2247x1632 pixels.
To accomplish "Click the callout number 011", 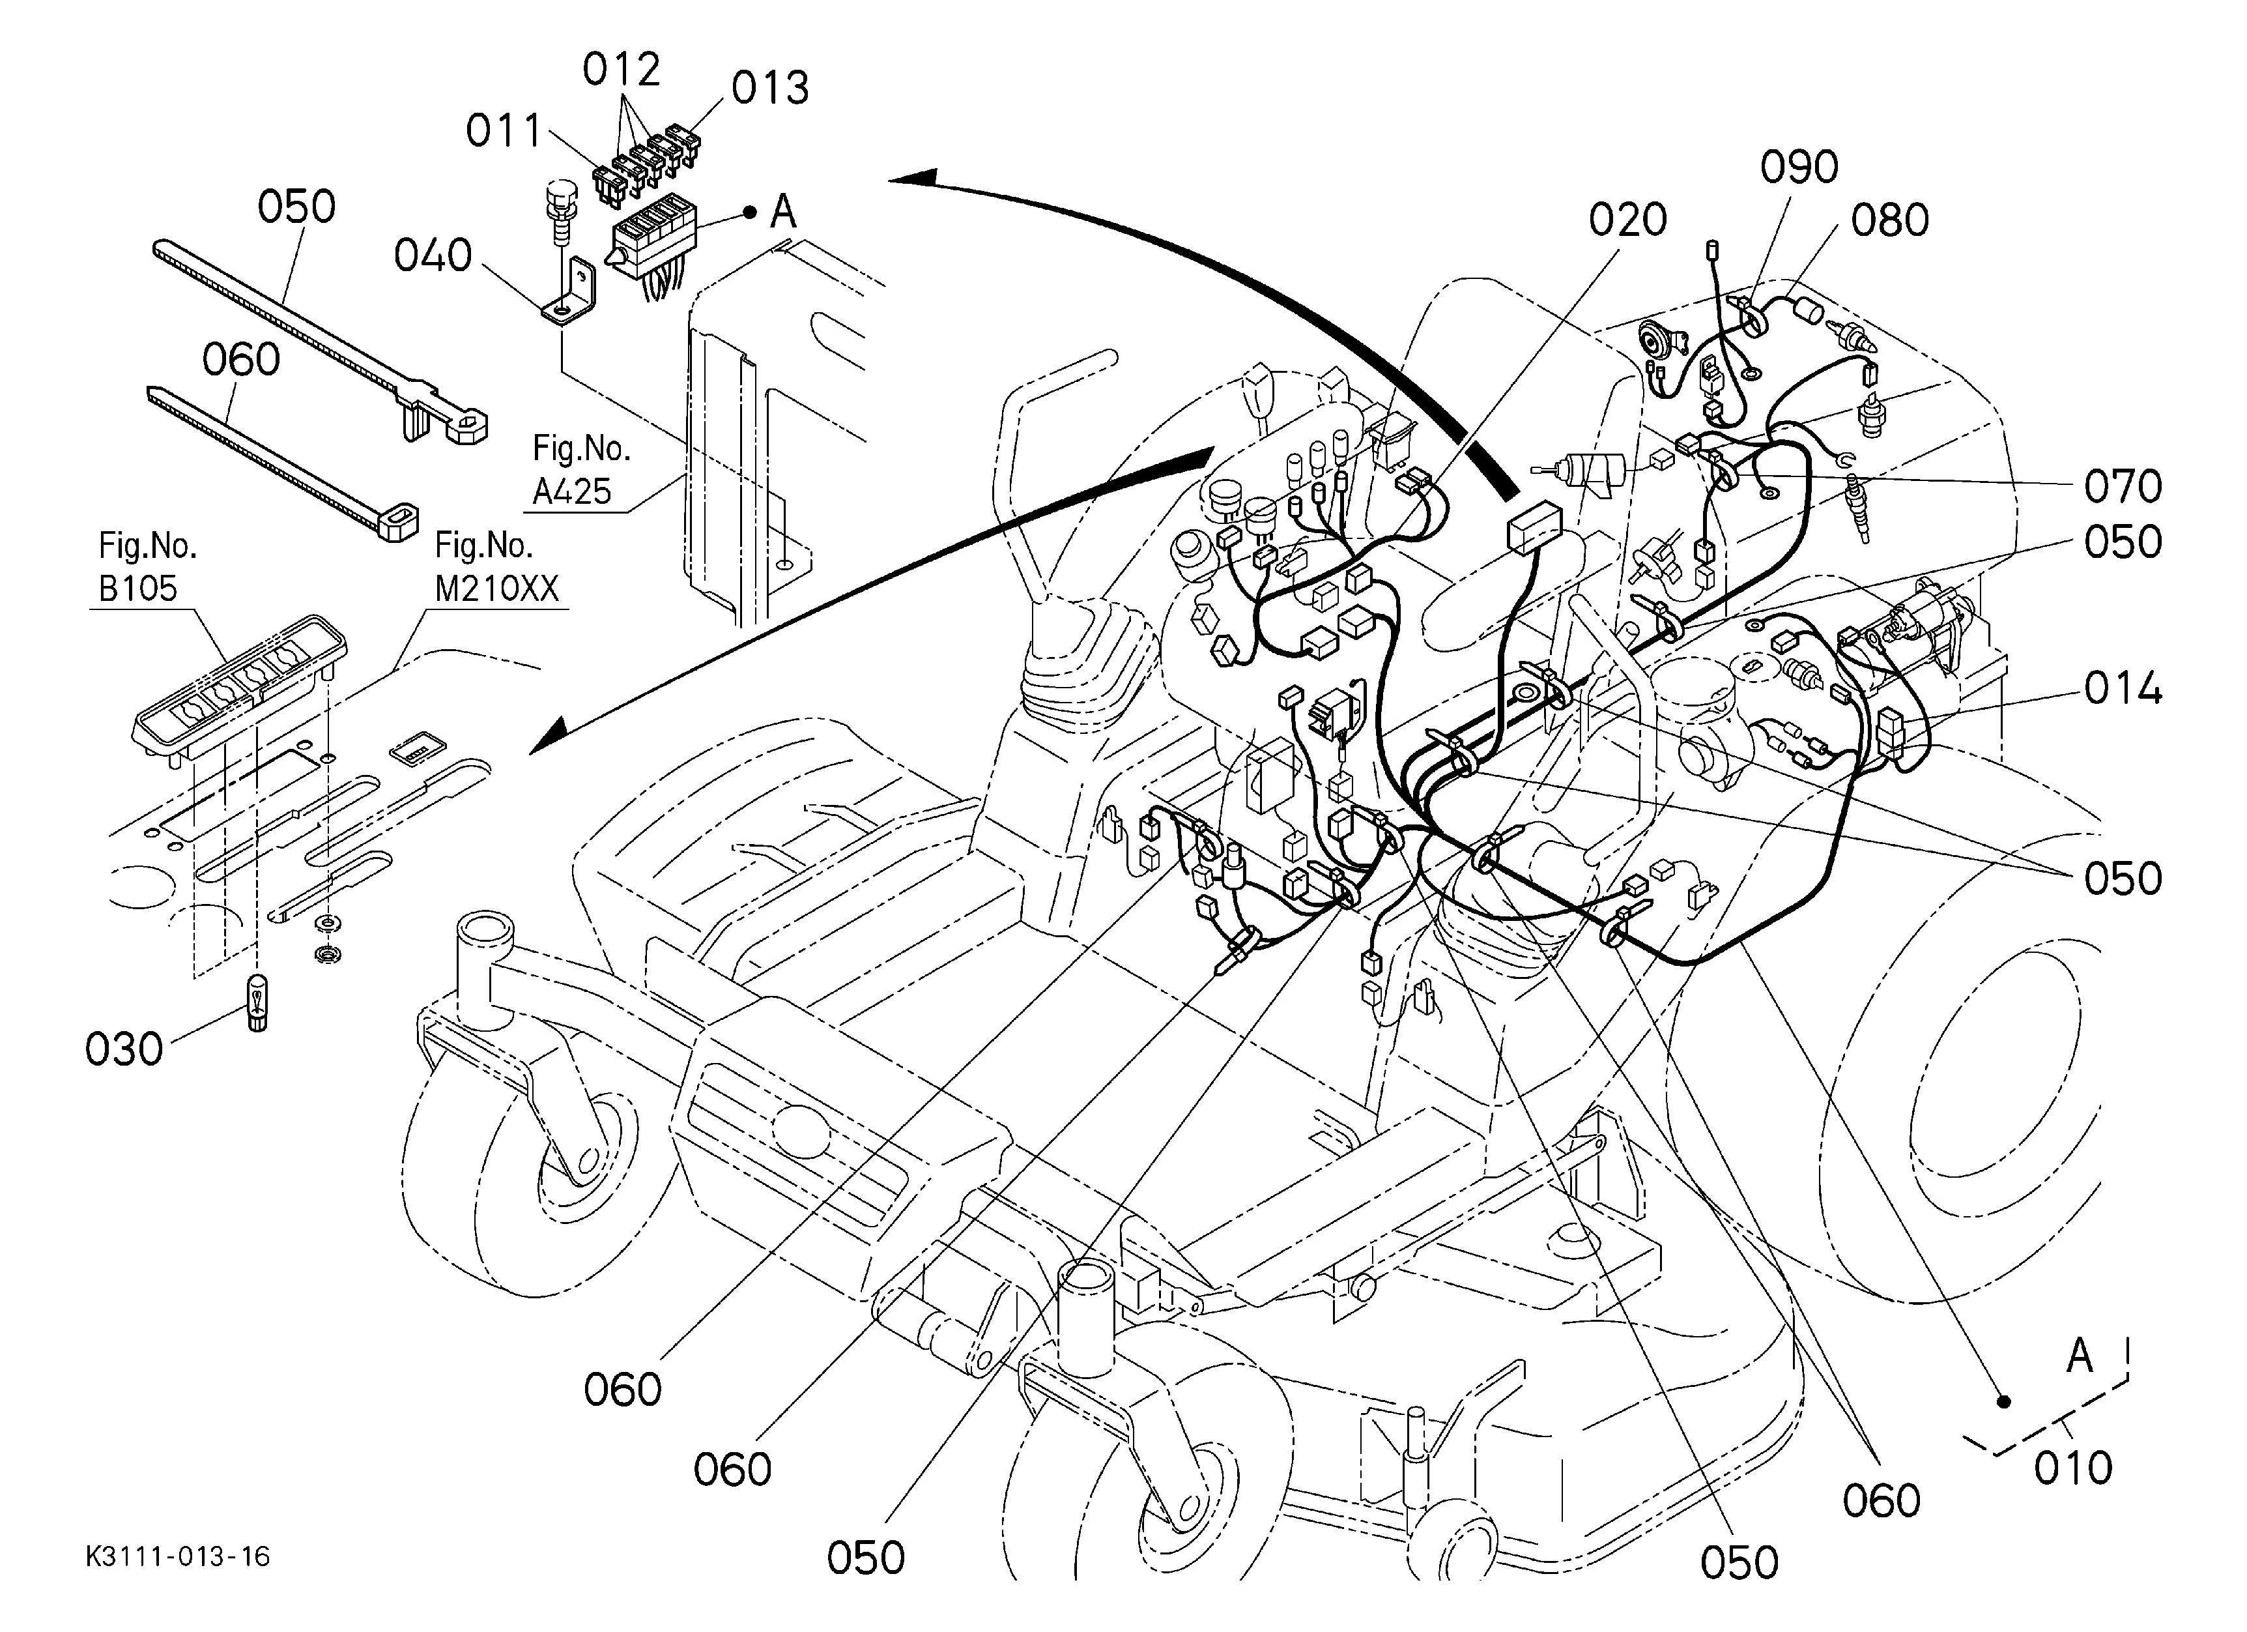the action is coord(504,131).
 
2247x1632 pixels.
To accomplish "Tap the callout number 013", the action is coord(770,88).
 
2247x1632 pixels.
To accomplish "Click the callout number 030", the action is coord(124,1049).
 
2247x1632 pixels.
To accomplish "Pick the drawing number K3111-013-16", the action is coord(177,1556).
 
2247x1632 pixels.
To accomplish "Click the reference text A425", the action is coord(571,491).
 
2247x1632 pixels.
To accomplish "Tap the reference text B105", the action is coord(137,589).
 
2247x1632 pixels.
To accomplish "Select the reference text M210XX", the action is coord(496,589).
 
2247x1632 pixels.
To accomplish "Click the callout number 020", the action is coord(1628,220).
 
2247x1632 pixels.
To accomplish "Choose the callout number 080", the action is coord(1891,220).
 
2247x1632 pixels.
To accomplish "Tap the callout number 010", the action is coord(2072,1468).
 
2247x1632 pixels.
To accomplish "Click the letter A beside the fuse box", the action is coord(782,211).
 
